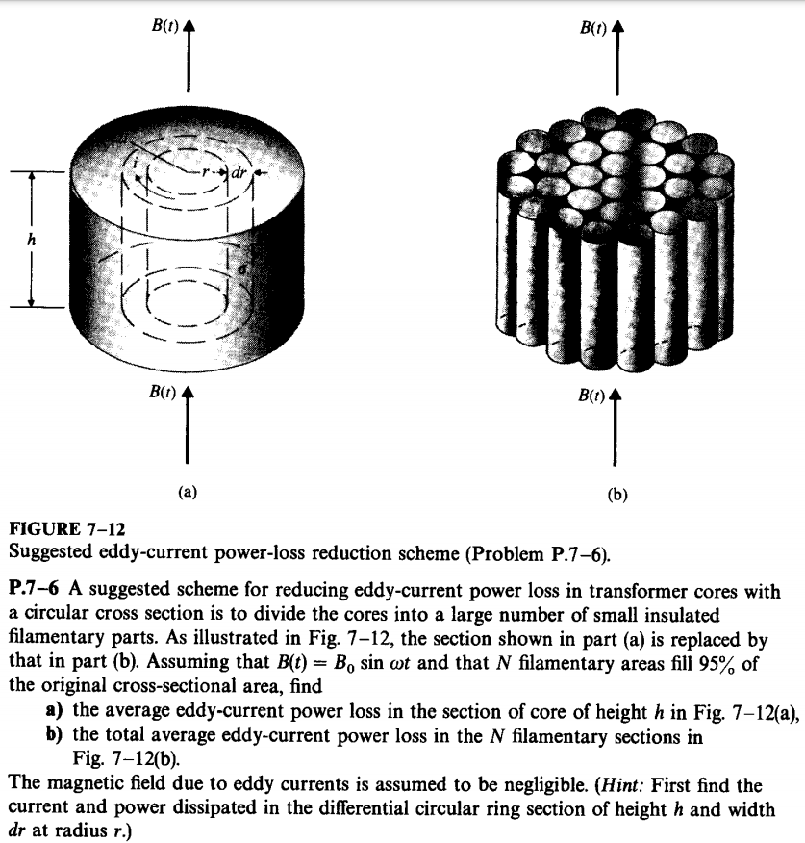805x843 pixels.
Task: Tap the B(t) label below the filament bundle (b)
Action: (x=591, y=396)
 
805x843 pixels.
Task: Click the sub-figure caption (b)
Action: (x=616, y=497)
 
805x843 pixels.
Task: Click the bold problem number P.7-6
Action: (x=37, y=592)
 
